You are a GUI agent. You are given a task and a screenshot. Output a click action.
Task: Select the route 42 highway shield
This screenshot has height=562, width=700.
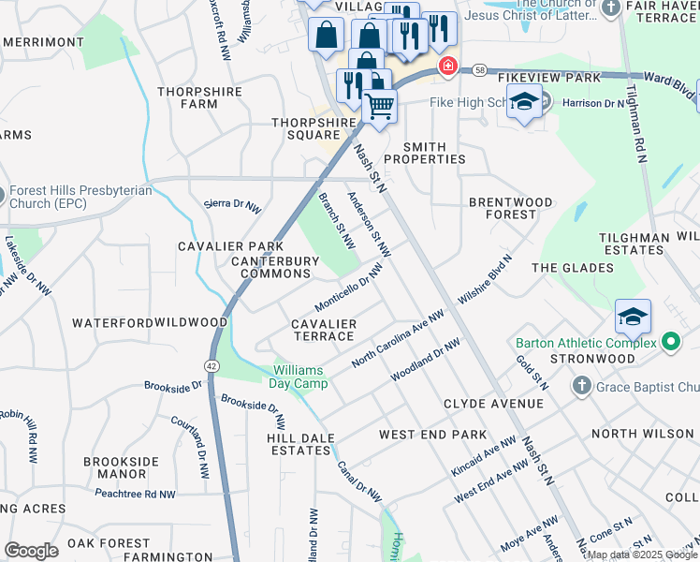(212, 366)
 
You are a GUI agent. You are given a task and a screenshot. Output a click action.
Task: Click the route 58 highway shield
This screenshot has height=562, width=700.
(480, 70)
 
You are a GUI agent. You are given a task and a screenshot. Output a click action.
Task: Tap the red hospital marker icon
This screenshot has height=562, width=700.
(448, 67)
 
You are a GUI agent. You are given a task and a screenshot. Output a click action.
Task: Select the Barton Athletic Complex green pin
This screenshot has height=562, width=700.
(671, 343)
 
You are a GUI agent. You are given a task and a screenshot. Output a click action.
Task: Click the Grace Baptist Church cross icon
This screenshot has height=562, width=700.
(580, 386)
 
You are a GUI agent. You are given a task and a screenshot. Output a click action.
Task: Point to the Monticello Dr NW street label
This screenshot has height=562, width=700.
(349, 288)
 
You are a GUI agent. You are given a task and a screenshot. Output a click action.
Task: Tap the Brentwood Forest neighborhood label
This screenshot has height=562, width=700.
(511, 208)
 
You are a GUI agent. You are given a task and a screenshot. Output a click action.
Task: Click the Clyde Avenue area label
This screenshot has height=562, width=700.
(493, 404)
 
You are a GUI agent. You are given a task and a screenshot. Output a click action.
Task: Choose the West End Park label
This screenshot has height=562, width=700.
(432, 435)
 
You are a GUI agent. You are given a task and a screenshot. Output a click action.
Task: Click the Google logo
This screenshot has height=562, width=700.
(31, 551)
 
